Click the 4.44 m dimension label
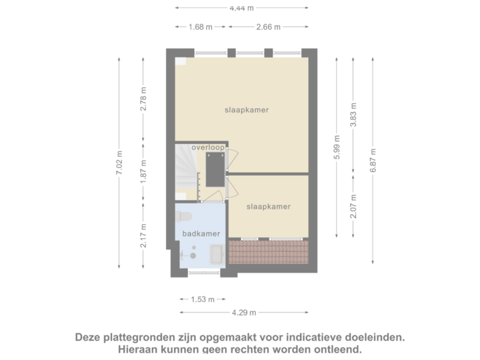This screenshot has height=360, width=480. (x=243, y=9)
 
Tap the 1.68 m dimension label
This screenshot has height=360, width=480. (x=201, y=27)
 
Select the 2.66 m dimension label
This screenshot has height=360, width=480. (x=268, y=27)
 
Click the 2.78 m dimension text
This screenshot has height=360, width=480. (x=143, y=100)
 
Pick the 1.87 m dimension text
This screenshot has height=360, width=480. (x=143, y=173)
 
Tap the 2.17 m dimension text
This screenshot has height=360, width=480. (x=143, y=235)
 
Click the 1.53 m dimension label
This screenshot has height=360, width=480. (x=202, y=299)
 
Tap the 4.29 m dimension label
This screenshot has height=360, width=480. (x=243, y=313)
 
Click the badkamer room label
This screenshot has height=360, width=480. (x=200, y=233)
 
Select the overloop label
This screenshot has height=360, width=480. (x=207, y=147)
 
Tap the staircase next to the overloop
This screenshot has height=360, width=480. (x=185, y=171)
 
